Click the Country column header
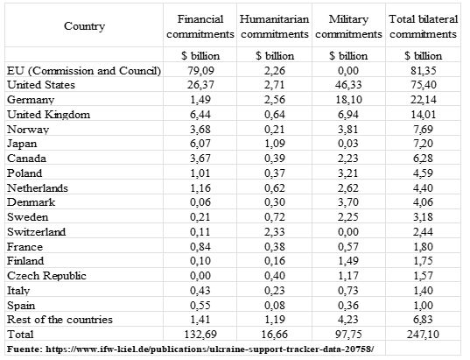pyautogui.click(x=84, y=26)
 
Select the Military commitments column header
pyautogui.click(x=348, y=26)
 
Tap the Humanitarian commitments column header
pyautogui.click(x=274, y=26)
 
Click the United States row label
pyautogui.click(x=41, y=85)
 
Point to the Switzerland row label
pyautogui.click(x=36, y=232)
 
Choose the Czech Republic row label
pyautogui.click(x=46, y=276)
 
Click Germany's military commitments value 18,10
pyautogui.click(x=348, y=100)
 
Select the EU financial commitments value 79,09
pyautogui.click(x=200, y=70)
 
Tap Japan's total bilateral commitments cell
pyautogui.click(x=423, y=144)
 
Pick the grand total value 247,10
pyautogui.click(x=423, y=335)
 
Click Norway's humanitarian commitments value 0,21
pyautogui.click(x=275, y=130)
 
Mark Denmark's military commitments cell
pyautogui.click(x=348, y=202)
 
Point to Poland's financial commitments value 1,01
pyautogui.click(x=200, y=173)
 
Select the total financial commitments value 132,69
pyautogui.click(x=200, y=335)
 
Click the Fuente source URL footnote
pyautogui.click(x=191, y=349)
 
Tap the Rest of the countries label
pyautogui.click(x=60, y=320)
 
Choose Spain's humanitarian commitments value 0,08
pyautogui.click(x=275, y=305)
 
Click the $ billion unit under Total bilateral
pyautogui.click(x=423, y=56)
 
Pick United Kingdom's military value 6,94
pyautogui.click(x=348, y=114)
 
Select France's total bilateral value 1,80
pyautogui.click(x=423, y=247)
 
